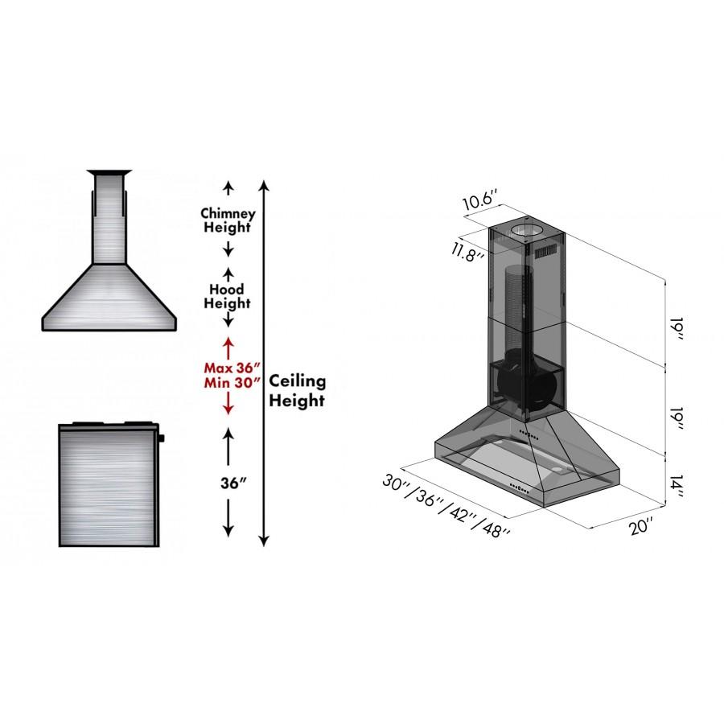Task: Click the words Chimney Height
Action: [x=228, y=220]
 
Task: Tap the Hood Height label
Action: [x=228, y=295]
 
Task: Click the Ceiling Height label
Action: [x=297, y=389]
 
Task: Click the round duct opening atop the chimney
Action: [x=527, y=232]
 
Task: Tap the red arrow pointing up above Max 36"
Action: [x=228, y=346]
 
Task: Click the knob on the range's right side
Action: [x=162, y=439]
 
